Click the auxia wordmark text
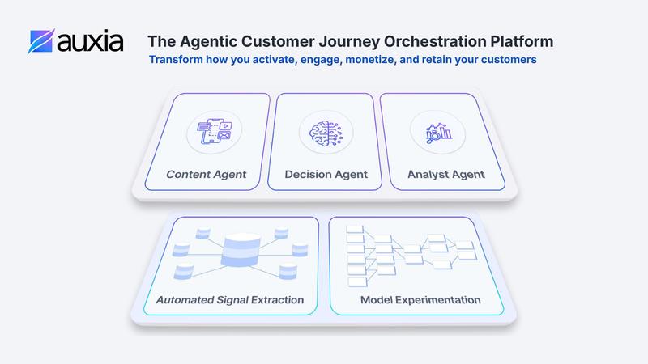pos(90,41)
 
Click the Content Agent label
pos(207,174)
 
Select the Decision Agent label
pos(326,174)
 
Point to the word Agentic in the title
pos(202,40)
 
